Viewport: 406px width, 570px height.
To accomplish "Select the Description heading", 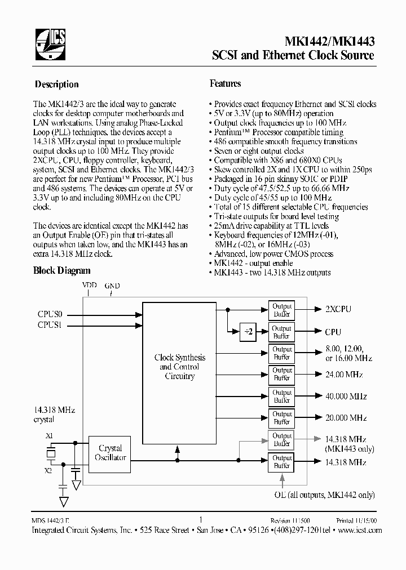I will [x=56, y=84].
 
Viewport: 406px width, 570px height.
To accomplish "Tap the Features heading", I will [x=226, y=83].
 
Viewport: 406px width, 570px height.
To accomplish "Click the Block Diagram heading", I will [x=62, y=271].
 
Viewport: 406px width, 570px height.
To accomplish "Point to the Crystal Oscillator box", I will [x=110, y=453].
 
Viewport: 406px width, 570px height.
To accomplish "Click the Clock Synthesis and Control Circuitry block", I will [x=179, y=367].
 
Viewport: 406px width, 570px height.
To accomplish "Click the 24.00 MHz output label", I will [x=343, y=375].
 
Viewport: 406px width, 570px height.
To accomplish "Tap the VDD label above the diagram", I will [x=89, y=286].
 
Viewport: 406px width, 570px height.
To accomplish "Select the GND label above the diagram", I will [x=112, y=286].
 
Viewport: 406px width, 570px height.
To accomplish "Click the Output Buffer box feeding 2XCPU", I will [x=282, y=310].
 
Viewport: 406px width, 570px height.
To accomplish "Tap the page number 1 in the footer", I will [x=201, y=520].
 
